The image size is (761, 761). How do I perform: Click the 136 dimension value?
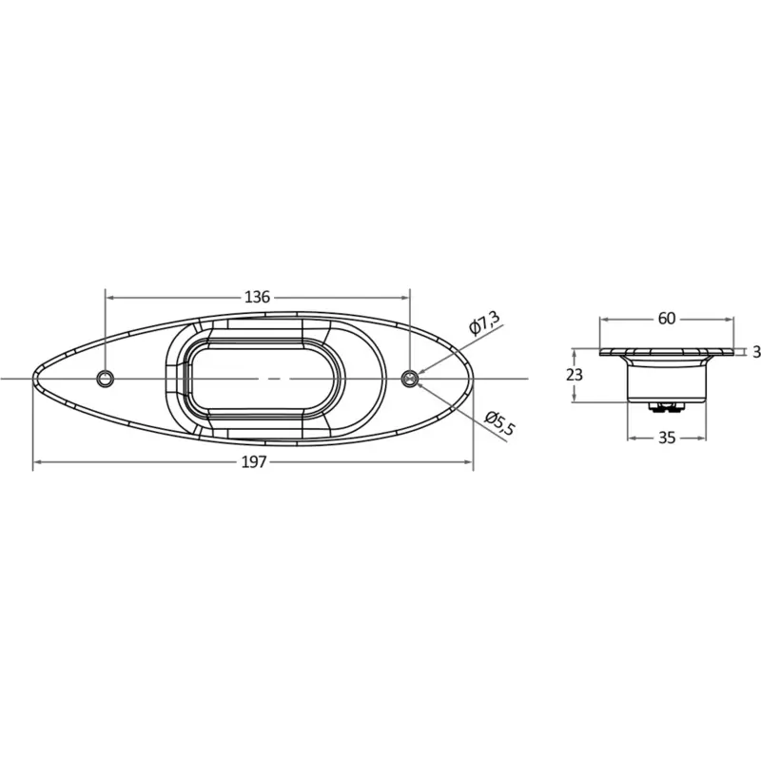tap(257, 297)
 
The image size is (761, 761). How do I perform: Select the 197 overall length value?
tap(254, 462)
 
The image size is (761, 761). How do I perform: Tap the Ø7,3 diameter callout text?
tap(484, 323)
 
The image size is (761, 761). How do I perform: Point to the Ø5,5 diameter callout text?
tap(499, 422)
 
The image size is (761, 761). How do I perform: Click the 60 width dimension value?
tap(667, 319)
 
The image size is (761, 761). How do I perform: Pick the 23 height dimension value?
tap(575, 375)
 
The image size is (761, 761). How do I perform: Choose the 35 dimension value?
tap(667, 438)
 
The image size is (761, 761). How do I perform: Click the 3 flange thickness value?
tap(756, 352)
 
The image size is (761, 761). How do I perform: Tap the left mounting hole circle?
tap(106, 378)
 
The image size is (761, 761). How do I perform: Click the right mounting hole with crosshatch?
tap(410, 378)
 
